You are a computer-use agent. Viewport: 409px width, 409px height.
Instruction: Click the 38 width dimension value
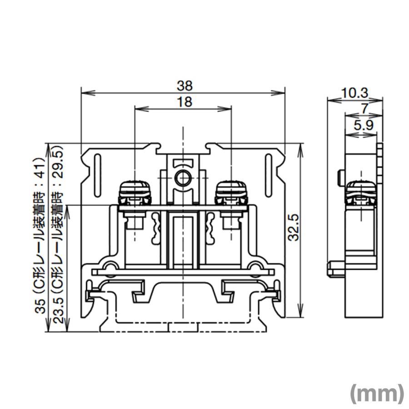185,85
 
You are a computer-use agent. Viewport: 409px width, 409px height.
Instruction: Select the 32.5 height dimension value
294,227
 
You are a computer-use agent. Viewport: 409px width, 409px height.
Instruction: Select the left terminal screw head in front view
135,192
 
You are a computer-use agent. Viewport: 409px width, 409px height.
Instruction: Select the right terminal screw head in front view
231,192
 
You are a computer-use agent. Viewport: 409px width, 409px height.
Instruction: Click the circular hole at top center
183,179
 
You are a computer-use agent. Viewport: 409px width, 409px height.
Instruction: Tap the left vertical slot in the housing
97,169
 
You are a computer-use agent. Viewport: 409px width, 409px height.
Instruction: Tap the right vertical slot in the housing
269,169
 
